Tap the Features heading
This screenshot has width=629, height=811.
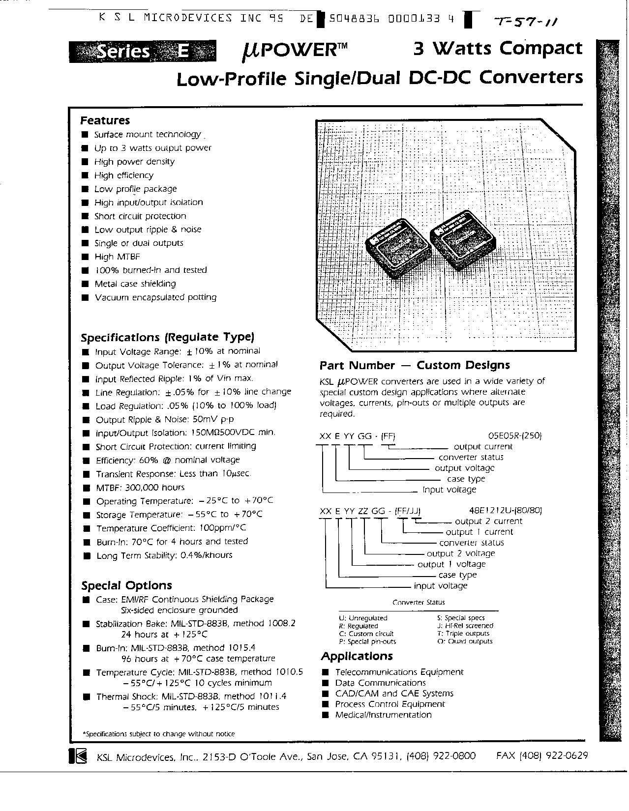pyautogui.click(x=105, y=120)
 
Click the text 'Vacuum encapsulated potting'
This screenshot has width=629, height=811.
pyautogui.click(x=155, y=297)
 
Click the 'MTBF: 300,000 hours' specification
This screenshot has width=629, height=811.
pyautogui.click(x=140, y=488)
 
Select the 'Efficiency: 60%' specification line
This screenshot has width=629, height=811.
pyautogui.click(x=168, y=460)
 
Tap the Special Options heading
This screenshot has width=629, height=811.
pyautogui.click(x=126, y=585)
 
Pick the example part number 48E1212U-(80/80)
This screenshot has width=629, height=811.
pyautogui.click(x=509, y=510)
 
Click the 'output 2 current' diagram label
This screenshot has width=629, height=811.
pyautogui.click(x=488, y=521)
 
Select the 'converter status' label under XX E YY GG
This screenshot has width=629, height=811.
pyautogui.click(x=471, y=457)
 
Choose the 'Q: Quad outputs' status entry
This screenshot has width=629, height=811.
pyautogui.click(x=465, y=641)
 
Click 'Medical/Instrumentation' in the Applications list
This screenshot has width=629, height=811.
pyautogui.click(x=383, y=715)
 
